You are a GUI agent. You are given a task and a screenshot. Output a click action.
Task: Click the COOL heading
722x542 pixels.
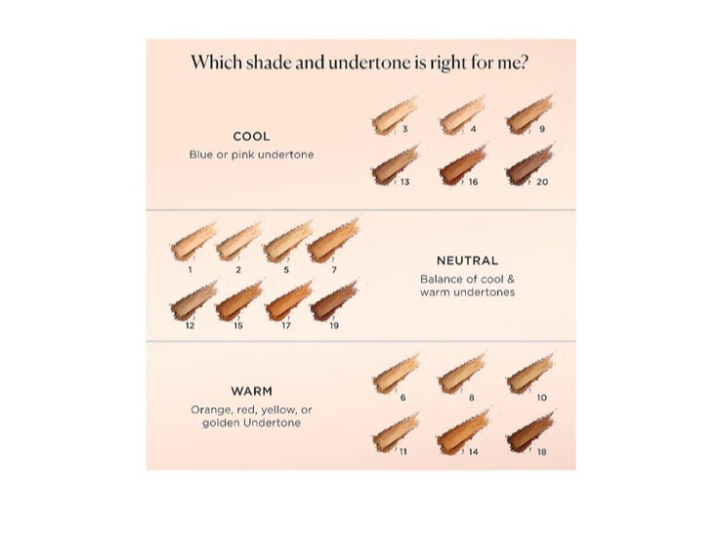(251, 137)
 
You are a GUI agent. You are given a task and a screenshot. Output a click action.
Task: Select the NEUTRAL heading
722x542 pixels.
(467, 260)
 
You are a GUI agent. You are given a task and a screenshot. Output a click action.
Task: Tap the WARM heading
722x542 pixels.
(251, 391)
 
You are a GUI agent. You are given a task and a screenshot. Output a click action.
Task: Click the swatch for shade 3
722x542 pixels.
(395, 114)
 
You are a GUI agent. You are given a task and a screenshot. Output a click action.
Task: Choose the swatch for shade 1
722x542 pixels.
(193, 242)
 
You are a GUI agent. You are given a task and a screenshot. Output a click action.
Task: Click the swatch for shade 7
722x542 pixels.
(333, 240)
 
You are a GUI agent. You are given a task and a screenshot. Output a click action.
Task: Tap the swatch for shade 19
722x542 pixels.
(334, 300)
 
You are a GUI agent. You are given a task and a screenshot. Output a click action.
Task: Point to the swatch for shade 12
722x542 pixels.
(193, 300)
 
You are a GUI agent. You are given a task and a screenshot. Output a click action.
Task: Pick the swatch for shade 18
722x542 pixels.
(530, 432)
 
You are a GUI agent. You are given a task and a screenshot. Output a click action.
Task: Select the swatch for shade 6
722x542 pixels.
(395, 374)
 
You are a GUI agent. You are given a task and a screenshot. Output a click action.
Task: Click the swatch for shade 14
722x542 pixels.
(463, 432)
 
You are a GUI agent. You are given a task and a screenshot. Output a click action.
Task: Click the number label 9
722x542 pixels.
(542, 129)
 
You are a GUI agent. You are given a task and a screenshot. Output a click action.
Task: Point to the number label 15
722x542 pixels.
(238, 326)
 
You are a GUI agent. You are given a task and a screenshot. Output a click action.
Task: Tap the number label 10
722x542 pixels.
(541, 397)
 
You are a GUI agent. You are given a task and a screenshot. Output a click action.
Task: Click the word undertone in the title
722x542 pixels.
(369, 63)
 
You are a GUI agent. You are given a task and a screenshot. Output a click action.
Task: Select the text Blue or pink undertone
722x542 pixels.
(251, 155)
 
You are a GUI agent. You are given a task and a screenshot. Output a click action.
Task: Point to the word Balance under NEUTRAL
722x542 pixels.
(438, 279)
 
